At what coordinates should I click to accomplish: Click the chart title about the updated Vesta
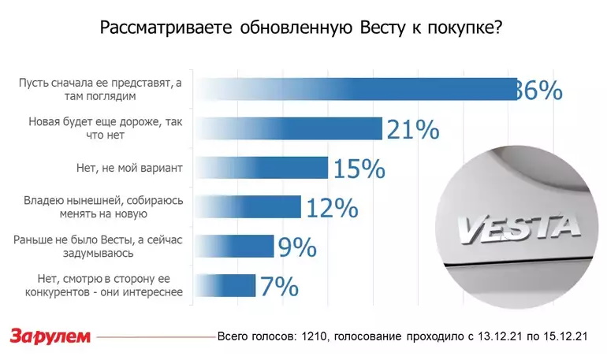pyautogui.click(x=303, y=28)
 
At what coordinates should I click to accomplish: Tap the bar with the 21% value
pyautogui.click(x=288, y=128)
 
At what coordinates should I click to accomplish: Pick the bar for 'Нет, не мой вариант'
pyautogui.click(x=261, y=167)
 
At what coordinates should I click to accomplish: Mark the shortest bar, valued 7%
pyautogui.click(x=225, y=284)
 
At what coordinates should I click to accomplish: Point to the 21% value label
pyautogui.click(x=412, y=130)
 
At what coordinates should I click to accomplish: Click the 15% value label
pyautogui.click(x=358, y=169)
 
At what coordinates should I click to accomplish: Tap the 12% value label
pyautogui.click(x=331, y=208)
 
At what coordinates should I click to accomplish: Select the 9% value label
pyautogui.click(x=297, y=247)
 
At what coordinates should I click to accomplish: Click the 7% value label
pyautogui.click(x=279, y=286)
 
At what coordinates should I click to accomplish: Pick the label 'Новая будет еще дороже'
pyautogui.click(x=106, y=128)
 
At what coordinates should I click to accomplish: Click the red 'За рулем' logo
pyautogui.click(x=50, y=336)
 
